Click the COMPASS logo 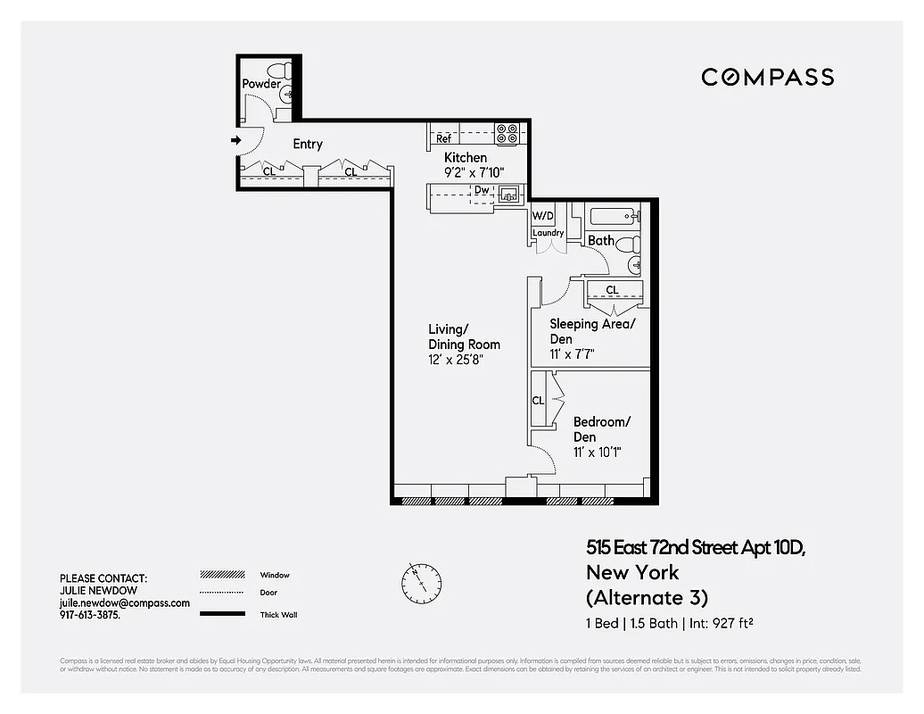coord(767,78)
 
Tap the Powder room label coord(261,84)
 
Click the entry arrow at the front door coord(235,140)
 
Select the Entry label coord(308,145)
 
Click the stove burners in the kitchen coord(507,134)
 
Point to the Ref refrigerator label coord(443,139)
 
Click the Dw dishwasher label coord(482,190)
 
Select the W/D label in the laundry coord(543,216)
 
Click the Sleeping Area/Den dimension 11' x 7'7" coord(572,354)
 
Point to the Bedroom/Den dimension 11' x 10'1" coord(597,452)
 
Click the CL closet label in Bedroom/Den coord(538,401)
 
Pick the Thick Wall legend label coord(278,615)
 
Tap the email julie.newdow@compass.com coord(125,603)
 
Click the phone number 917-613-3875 coord(90,616)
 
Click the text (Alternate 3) coord(647,597)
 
